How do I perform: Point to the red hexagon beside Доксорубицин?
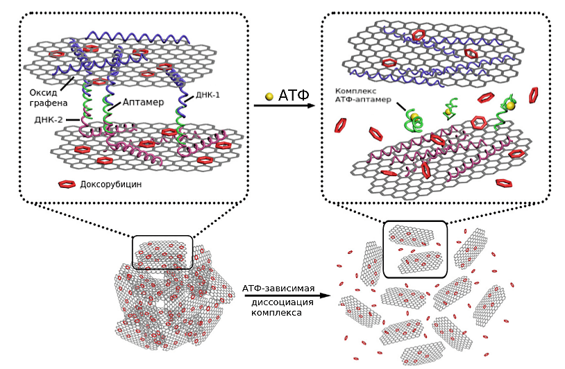pyautogui.click(x=67, y=185)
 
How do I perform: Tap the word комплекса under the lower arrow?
pyautogui.click(x=276, y=313)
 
